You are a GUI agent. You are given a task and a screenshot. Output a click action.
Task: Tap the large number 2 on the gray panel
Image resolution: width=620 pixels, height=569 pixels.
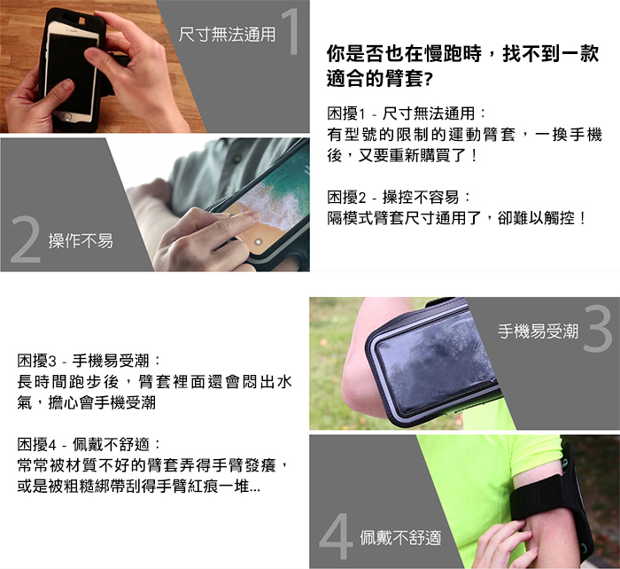tap(26, 239)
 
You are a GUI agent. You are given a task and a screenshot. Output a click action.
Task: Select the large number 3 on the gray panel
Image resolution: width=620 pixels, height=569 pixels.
tap(597, 328)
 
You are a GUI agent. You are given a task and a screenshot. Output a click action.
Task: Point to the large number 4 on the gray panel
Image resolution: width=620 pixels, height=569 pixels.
tap(336, 535)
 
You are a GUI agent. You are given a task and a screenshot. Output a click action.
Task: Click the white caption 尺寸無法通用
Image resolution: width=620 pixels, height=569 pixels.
tap(227, 34)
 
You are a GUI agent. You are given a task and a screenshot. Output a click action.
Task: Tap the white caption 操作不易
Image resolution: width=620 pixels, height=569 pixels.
tap(81, 240)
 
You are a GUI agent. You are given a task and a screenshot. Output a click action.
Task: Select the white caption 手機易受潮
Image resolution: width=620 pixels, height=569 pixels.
tap(539, 331)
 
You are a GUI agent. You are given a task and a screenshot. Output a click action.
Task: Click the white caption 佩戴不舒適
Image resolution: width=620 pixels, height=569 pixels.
tap(400, 537)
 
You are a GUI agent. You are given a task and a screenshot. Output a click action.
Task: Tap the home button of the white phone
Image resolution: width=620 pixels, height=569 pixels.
tap(66, 117)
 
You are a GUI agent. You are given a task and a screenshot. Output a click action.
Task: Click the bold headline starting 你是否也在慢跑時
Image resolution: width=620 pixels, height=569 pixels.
tap(462, 66)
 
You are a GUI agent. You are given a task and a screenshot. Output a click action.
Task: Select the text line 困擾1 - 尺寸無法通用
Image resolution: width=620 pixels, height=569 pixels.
tap(406, 114)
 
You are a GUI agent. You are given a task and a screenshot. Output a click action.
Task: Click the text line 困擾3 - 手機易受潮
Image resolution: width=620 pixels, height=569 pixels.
tap(89, 361)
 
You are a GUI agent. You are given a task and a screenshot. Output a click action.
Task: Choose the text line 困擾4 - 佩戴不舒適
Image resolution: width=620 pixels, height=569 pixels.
tap(89, 444)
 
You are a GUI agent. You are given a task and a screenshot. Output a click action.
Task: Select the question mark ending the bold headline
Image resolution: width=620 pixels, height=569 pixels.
tap(427, 79)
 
